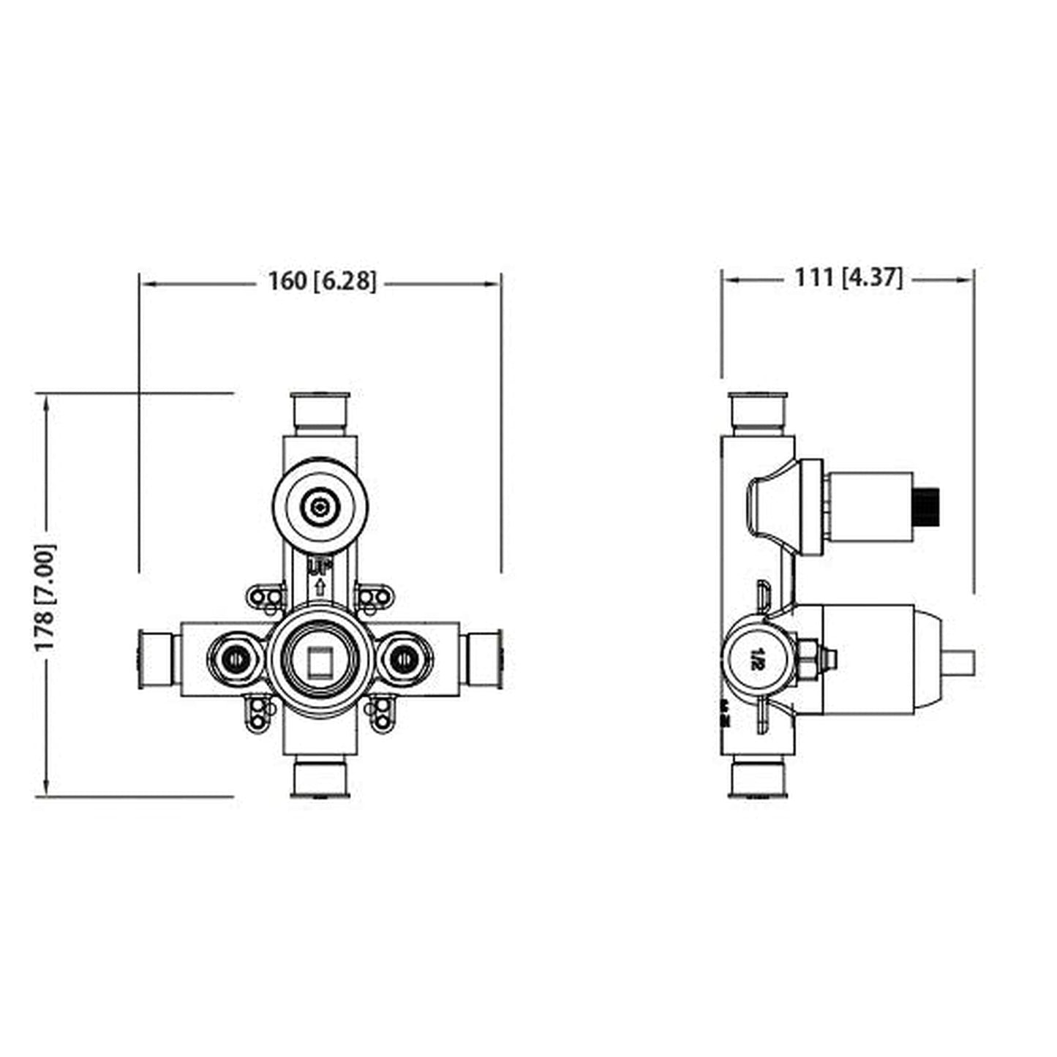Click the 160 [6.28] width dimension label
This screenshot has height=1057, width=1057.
point(322,281)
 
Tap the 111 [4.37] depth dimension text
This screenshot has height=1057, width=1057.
point(849,278)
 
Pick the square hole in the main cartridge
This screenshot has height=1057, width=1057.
point(320,662)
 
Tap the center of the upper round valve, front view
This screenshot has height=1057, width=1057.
point(320,505)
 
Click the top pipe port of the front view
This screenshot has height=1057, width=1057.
point(320,412)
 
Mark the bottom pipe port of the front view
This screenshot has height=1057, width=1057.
point(320,779)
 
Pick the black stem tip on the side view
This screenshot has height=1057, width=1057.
point(926,505)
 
